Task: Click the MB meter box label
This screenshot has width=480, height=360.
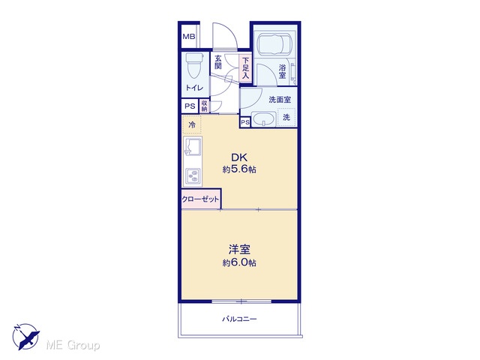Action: pos(188,37)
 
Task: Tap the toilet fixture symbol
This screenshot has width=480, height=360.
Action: pos(194,65)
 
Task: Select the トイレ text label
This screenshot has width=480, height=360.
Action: pos(194,88)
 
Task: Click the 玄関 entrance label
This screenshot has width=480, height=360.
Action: pos(218,61)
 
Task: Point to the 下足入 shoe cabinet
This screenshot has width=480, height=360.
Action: pos(245,68)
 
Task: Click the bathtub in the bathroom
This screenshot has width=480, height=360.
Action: pos(274,45)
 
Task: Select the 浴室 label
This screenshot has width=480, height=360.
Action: pos(282,72)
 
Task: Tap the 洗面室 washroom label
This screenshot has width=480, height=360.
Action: pos(280,100)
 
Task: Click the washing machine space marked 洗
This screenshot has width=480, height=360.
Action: pos(286,117)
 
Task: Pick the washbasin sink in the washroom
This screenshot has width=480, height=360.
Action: pos(263,119)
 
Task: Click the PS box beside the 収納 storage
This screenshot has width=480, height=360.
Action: pos(190,106)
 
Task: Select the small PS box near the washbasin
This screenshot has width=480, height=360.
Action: pos(245,123)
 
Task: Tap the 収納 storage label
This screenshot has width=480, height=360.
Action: pos(205,106)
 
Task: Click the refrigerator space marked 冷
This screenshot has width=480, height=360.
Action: pos(192,124)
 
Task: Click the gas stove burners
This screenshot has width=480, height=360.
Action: pos(193,177)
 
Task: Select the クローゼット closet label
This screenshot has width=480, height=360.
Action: pos(200,199)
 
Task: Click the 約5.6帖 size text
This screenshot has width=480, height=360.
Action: pos(239,169)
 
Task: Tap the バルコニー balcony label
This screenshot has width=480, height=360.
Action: pos(239,319)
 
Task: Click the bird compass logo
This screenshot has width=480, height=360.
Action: pos(25,336)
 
